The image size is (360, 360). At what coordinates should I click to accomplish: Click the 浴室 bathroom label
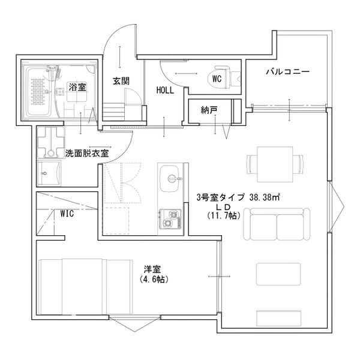tap(77, 87)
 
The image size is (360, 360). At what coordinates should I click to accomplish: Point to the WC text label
tap(217, 77)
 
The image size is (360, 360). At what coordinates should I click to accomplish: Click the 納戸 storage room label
tap(209, 110)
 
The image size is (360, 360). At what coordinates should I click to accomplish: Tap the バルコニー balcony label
tap(288, 72)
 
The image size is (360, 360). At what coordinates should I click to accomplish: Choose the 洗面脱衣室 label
tap(86, 153)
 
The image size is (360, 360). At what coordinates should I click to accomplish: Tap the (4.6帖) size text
tap(153, 280)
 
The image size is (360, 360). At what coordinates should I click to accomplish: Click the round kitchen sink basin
tap(173, 178)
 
